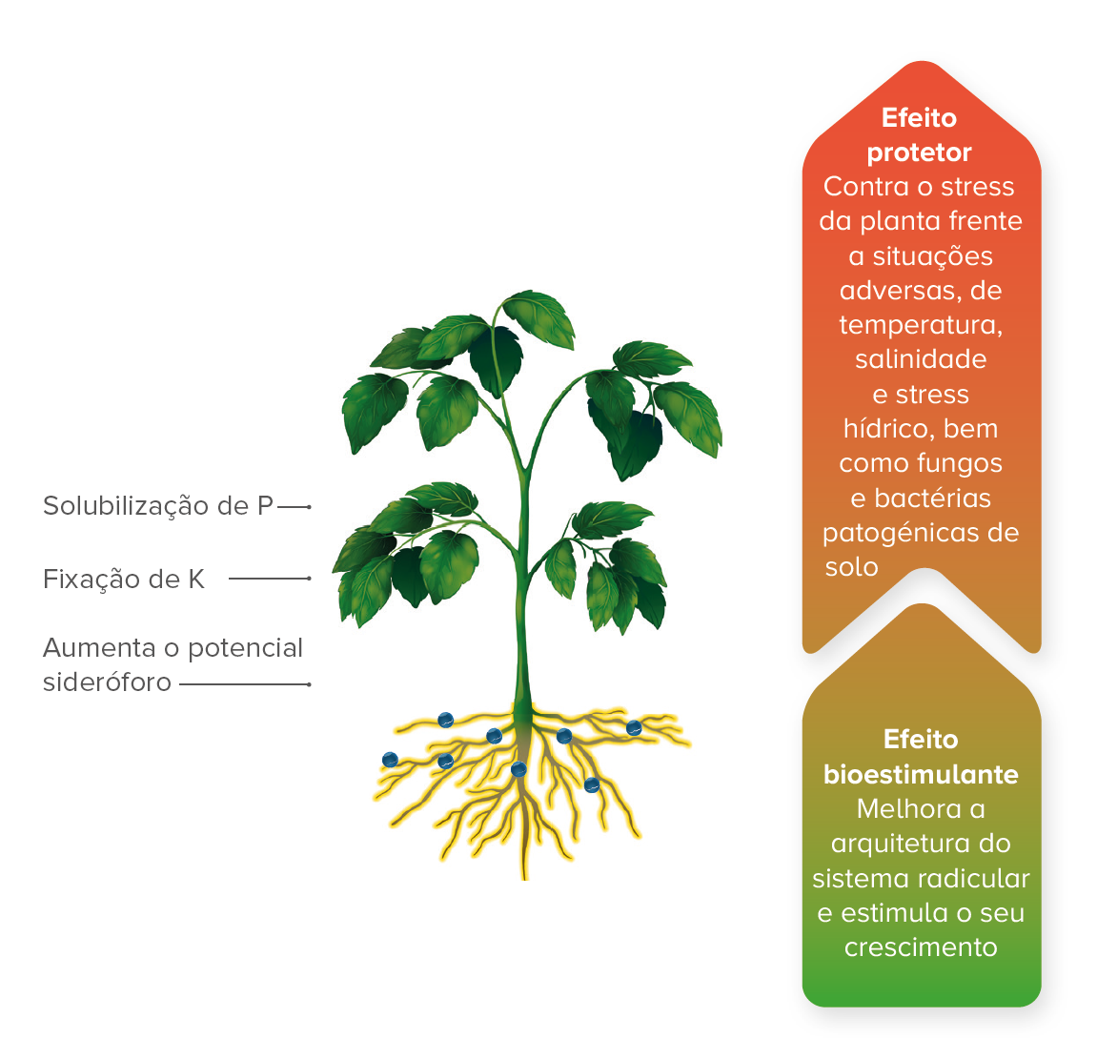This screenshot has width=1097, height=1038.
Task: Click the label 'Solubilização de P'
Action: [x=158, y=506]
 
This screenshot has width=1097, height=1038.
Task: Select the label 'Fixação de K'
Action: [x=124, y=580]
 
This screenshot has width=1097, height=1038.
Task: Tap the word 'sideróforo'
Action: [x=107, y=682]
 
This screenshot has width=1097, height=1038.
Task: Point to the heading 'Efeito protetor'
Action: [x=920, y=135]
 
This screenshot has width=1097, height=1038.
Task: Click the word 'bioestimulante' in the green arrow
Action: [x=921, y=774]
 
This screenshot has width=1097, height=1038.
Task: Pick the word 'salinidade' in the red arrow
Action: [x=921, y=359]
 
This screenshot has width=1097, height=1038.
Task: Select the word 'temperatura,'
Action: [x=921, y=325]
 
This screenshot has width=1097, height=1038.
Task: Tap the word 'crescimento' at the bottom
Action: [x=921, y=947]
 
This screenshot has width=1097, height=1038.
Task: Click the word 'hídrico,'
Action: [x=889, y=429]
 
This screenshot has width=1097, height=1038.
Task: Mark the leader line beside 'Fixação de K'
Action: [x=270, y=579]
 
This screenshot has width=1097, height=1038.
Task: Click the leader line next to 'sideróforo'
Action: [x=244, y=684]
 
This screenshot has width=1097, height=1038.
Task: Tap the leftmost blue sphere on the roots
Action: [x=390, y=760]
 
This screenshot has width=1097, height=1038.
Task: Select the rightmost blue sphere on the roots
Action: [x=634, y=728]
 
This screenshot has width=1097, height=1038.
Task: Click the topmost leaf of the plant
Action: [x=538, y=315]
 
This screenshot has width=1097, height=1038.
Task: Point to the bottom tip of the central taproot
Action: [x=524, y=875]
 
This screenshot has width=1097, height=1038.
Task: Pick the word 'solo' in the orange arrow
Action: [x=851, y=567]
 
